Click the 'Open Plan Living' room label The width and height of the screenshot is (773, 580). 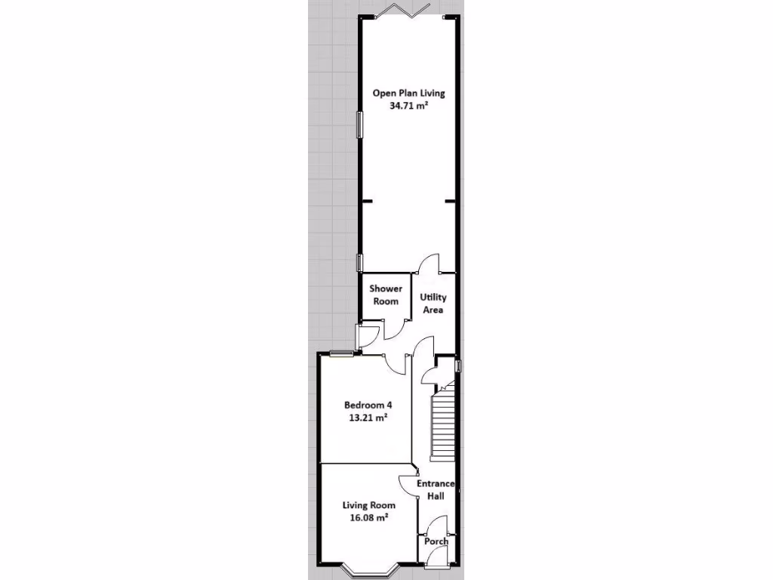(x=408, y=94)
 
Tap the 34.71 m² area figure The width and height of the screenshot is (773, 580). (x=408, y=107)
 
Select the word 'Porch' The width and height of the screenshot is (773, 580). (x=436, y=541)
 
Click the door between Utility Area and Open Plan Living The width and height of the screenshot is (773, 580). (x=430, y=265)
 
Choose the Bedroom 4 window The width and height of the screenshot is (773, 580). (x=341, y=353)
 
